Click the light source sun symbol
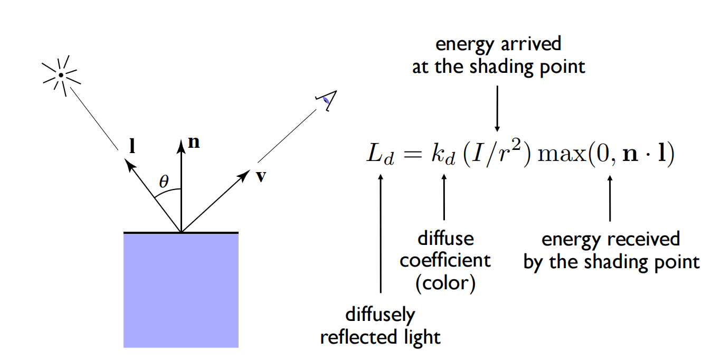pos(61,76)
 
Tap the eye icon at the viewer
pos(327,99)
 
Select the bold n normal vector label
pos(194,143)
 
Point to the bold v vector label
pos(260,176)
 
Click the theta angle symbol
pos(164,182)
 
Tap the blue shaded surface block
pos(181,290)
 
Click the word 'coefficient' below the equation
pos(445,260)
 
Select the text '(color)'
pos(445,283)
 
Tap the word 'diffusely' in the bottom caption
pos(380,315)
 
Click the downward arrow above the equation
pos(497,109)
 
